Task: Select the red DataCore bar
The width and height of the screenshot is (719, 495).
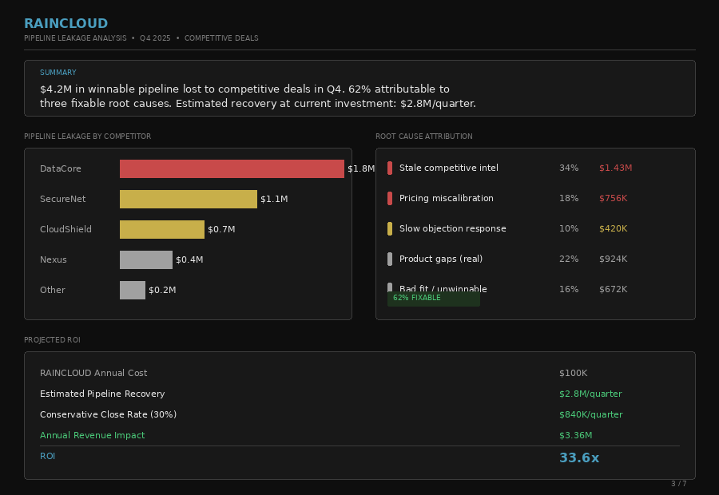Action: (232, 168)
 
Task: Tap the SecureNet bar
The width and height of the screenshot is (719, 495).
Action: (189, 199)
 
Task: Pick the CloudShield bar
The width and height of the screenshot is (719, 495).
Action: (162, 229)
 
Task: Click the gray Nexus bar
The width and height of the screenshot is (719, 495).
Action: (146, 259)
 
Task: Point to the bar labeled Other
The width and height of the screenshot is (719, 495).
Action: (133, 290)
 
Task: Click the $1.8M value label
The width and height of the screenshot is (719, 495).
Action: (361, 168)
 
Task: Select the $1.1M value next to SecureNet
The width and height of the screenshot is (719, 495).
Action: (274, 199)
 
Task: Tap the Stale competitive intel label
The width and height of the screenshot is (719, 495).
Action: (448, 168)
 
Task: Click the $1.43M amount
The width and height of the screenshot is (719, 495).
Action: (615, 168)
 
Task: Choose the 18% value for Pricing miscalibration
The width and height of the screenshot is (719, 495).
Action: (569, 198)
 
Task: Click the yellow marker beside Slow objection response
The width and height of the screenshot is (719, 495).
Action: (390, 228)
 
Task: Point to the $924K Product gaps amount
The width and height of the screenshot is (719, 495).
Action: (613, 259)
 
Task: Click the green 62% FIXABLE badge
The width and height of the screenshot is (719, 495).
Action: (433, 298)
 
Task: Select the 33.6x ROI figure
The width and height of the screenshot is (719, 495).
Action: (579, 457)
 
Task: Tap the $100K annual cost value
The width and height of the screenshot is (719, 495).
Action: (573, 373)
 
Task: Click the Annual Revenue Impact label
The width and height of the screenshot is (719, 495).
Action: (93, 435)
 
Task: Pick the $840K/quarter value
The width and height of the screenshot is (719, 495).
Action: (590, 414)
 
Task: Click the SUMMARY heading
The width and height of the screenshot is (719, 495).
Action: (58, 73)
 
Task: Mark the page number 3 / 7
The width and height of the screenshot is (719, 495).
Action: (678, 483)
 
